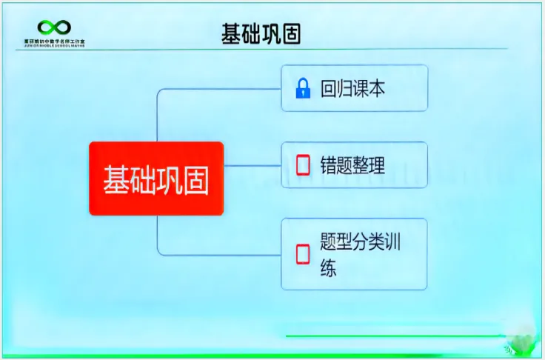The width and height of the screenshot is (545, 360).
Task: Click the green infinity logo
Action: tap(54, 28)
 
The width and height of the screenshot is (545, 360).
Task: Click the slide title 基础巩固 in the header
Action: tap(261, 34)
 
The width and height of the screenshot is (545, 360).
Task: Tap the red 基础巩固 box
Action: tap(156, 179)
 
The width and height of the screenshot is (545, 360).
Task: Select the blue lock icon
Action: tap(302, 90)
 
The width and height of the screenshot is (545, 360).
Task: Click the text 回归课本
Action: tap(352, 90)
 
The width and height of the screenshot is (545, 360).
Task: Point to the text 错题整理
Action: tap(352, 164)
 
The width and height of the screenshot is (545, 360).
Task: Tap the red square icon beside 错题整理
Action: tap(302, 165)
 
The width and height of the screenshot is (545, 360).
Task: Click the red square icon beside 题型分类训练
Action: tap(302, 254)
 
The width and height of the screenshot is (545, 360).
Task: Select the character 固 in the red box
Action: tap(195, 179)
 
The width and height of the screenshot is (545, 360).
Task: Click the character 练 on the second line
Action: tap(329, 267)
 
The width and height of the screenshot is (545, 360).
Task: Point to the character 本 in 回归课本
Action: tap(377, 90)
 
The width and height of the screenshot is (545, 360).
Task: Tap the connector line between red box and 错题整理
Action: tap(252, 165)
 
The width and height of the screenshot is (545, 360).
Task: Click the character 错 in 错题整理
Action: tap(329, 164)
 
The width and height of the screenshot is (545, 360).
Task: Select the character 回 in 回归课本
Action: tap(329, 90)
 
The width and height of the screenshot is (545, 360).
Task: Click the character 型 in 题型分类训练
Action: tap(345, 243)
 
